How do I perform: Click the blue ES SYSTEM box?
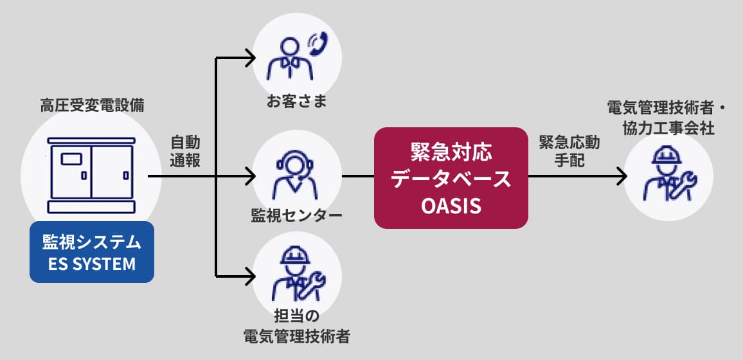point(92,252)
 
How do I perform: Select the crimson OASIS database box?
point(451,178)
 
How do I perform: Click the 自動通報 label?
point(185,151)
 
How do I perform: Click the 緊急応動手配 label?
point(562,151)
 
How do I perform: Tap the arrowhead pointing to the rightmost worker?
point(622,175)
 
